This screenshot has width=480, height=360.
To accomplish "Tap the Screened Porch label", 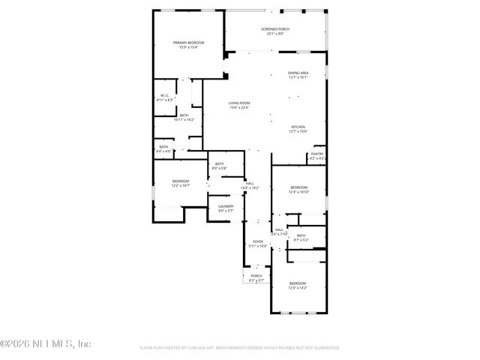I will pyautogui.click(x=275, y=31).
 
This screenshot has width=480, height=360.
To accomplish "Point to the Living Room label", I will pyautogui.click(x=239, y=104).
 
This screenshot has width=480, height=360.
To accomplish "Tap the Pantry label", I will pyautogui.click(x=317, y=155).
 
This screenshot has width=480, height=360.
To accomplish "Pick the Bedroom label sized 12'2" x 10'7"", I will pyautogui.click(x=181, y=182).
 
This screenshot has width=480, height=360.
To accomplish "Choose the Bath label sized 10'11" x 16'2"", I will pyautogui.click(x=184, y=116).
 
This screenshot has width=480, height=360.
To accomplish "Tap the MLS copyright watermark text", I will pyautogui.click(x=46, y=343).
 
